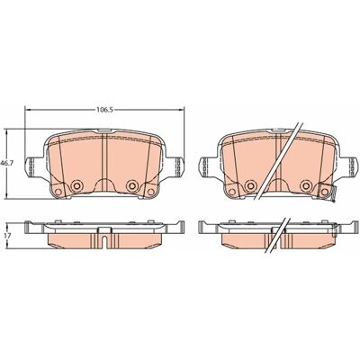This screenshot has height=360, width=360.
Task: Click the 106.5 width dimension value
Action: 104,110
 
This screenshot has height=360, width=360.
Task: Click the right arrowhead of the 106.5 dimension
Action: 181,110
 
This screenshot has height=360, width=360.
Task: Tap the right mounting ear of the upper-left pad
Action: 175,166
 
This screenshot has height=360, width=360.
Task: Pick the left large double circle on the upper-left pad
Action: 76,186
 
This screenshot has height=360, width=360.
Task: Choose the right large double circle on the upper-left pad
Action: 131,186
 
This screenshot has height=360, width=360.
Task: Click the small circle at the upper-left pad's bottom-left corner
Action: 58,192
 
